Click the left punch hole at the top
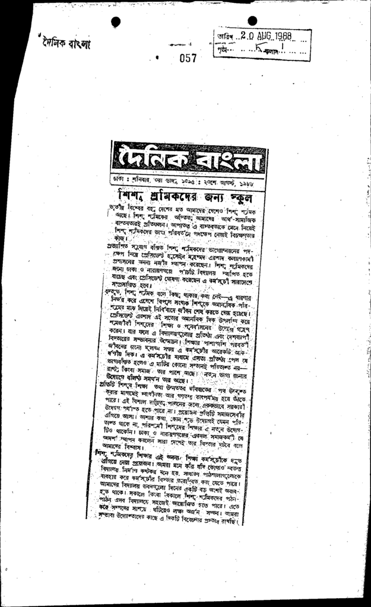[116, 21]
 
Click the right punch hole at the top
[252, 21]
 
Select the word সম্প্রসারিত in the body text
[130, 285]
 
